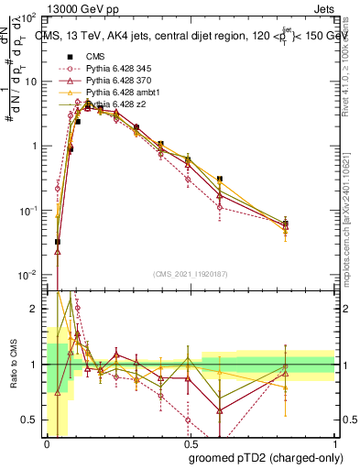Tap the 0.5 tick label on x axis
pyautogui.click(x=190, y=443)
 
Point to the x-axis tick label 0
pyautogui.click(x=46, y=443)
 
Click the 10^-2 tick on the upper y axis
pyautogui.click(x=27, y=275)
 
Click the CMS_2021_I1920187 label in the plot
pyautogui.click(x=190, y=273)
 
